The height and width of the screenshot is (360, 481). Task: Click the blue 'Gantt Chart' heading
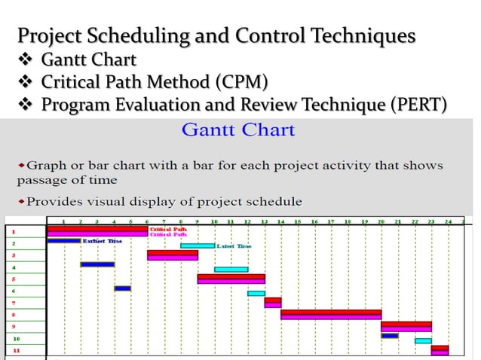238,130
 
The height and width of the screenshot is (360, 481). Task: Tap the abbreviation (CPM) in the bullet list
240,81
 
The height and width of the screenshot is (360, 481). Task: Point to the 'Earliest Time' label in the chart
103,241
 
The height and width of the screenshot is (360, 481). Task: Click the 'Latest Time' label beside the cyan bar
234,246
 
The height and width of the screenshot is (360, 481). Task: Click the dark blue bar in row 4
97,264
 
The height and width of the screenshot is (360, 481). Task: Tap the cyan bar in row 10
423,340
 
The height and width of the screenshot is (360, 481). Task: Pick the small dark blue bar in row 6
122,288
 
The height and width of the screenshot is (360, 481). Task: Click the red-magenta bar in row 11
440,349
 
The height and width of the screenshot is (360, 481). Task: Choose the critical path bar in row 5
231,279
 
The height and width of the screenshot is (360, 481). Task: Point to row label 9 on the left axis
13,326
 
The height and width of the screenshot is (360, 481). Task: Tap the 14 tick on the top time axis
280,222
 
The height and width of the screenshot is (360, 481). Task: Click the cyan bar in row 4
231,269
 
